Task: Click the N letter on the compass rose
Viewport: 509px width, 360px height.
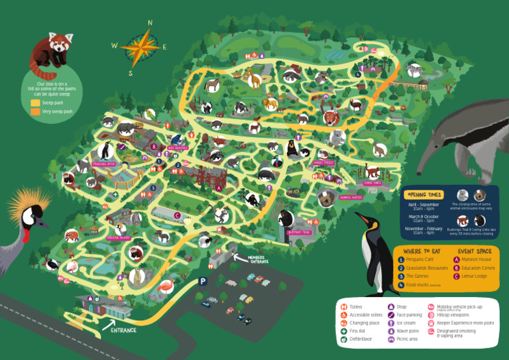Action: [150, 23]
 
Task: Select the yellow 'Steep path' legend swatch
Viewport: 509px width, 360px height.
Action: [35, 103]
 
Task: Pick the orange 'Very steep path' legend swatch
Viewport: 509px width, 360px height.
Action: [35, 111]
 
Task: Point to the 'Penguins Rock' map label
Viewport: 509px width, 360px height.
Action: [104, 162]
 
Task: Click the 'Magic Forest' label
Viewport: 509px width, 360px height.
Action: [323, 162]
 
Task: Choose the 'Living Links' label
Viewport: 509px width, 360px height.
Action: [372, 183]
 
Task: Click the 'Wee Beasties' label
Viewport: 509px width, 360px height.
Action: [178, 148]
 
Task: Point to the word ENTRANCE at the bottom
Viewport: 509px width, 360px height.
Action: [124, 330]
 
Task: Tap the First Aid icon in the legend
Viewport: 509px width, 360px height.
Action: [343, 331]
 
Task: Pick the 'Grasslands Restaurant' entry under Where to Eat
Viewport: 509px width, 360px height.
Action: [427, 268]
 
